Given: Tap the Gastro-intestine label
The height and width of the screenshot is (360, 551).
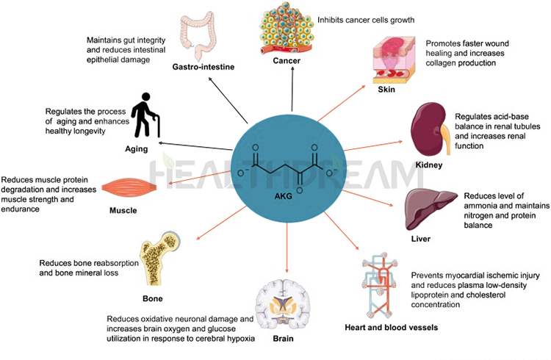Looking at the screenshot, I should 204,67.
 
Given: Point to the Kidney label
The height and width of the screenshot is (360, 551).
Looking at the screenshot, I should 428,165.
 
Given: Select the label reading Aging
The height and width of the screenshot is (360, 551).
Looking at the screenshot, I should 136,148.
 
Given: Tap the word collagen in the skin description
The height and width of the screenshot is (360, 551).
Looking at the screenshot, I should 444,63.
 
